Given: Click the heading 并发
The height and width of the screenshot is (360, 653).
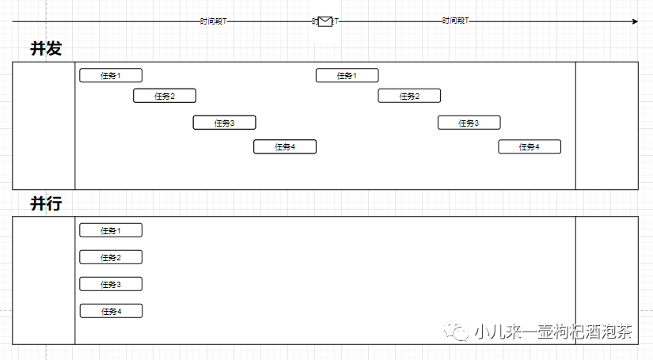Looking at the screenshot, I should tap(46, 49).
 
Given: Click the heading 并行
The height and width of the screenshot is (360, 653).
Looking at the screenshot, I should tap(46, 204).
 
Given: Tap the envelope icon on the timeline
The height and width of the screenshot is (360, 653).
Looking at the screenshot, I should tap(325, 21).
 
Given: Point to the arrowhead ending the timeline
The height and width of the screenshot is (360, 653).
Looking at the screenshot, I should tap(634, 21).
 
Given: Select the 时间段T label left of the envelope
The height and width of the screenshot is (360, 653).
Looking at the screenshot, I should tap(213, 21).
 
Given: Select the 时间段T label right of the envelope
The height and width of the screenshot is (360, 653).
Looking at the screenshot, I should tap(455, 21).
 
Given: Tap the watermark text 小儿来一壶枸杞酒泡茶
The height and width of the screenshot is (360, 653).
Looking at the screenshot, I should tap(554, 332).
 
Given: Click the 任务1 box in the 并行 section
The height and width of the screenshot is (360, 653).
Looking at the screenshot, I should tap(111, 230).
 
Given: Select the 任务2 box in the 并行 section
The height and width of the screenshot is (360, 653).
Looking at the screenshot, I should tap(111, 257).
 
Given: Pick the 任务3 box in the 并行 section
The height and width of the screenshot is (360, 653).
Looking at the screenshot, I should tap(111, 284).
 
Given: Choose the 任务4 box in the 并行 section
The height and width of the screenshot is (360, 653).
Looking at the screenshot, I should tap(111, 311).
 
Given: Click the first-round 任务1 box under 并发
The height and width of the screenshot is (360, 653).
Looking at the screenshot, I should tap(111, 75).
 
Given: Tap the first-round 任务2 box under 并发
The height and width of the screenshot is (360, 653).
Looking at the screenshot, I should tap(165, 96).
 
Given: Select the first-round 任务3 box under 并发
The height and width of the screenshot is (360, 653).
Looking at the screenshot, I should tap(225, 123).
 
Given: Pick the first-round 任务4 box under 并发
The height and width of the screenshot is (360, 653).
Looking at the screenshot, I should tap(285, 146).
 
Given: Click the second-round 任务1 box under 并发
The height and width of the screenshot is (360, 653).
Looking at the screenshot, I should tap(347, 75).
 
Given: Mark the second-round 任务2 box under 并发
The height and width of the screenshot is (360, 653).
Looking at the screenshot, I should tap(409, 96).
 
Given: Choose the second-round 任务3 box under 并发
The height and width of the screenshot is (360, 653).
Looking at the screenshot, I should tap(469, 123).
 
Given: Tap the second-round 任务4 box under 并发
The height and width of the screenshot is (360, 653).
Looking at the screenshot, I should tap(530, 146).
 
